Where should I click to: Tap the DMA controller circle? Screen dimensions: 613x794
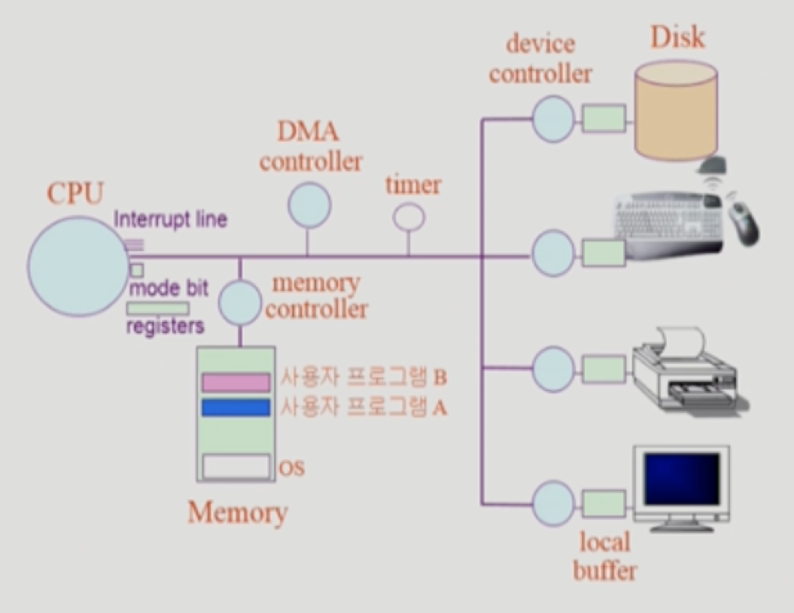(308, 206)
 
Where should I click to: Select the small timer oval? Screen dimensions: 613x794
(408, 217)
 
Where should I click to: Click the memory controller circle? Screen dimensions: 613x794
(240, 303)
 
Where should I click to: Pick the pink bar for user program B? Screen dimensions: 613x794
(236, 382)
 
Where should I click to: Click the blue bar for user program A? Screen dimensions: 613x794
(236, 408)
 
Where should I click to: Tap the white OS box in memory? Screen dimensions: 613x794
(236, 467)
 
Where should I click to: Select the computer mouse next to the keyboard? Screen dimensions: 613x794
(741, 220)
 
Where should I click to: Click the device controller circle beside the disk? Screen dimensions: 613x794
(553, 115)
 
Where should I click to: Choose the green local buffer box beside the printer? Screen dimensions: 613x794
(603, 369)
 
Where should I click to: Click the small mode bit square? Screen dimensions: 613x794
(136, 270)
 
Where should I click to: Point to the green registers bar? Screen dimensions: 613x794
(158, 308)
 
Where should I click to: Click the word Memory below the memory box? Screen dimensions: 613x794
(237, 513)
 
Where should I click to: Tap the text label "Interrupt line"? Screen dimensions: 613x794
(171, 219)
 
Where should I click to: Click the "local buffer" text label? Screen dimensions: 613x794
(604, 556)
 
